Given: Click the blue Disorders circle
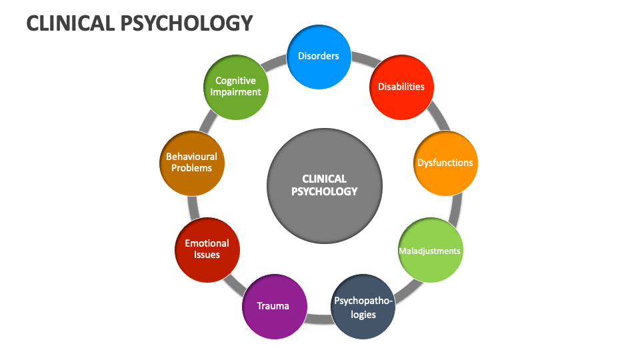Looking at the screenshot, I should tap(318, 57).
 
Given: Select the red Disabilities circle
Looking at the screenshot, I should tap(401, 87).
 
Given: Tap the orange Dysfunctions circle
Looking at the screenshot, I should tap(445, 163).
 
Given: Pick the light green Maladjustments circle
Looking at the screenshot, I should tap(429, 251).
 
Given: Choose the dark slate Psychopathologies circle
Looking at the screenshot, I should tap(363, 307).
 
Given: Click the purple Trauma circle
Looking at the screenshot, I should tap(273, 307).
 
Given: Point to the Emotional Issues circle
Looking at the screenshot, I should tap(207, 249).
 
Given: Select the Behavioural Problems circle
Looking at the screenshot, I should tap(192, 163).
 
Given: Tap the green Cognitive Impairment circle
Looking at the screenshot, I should tap(235, 87).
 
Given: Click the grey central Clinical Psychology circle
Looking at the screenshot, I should tap(325, 185).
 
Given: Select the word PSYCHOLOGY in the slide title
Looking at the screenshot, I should tap(189, 23).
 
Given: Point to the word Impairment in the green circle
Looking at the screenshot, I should tap(235, 93).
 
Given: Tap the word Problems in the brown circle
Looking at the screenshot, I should tap(192, 168).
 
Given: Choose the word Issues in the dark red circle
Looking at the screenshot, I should tap(207, 255).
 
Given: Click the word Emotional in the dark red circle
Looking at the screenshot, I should tap(207, 243).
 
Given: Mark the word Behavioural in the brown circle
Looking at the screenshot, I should tap(192, 157).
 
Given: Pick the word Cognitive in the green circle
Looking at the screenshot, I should tap(235, 81).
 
